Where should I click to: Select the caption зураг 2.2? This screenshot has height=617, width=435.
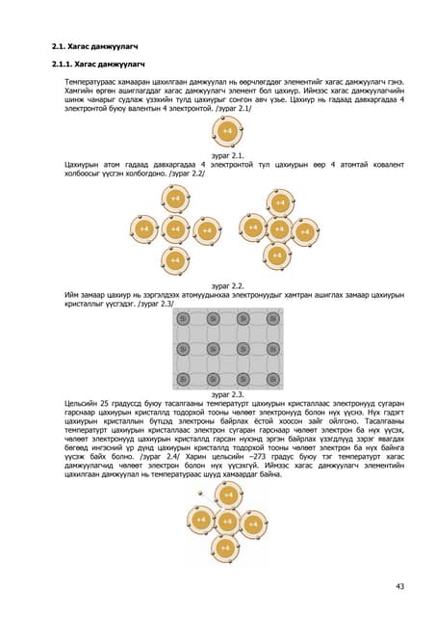tap(225, 286)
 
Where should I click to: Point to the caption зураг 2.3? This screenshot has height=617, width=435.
tap(225, 394)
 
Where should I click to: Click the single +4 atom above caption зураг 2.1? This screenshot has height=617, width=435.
tap(226, 129)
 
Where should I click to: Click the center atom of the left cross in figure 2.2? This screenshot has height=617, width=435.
tap(174, 229)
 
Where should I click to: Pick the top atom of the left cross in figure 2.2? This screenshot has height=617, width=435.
tap(174, 199)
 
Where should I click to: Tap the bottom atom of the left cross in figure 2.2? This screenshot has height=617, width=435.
tap(174, 260)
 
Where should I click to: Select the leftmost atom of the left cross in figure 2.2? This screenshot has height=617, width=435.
tap(143, 229)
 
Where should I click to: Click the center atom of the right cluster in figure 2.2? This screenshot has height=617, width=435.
tap(277, 229)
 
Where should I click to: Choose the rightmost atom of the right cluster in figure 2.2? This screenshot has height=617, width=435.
tap(303, 232)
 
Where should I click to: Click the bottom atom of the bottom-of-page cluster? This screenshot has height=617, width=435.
tap(225, 548)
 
